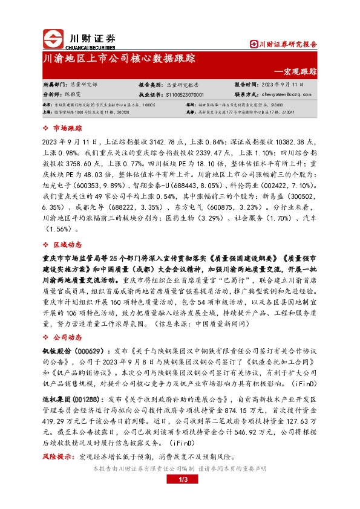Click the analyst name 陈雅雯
click(74, 95)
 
